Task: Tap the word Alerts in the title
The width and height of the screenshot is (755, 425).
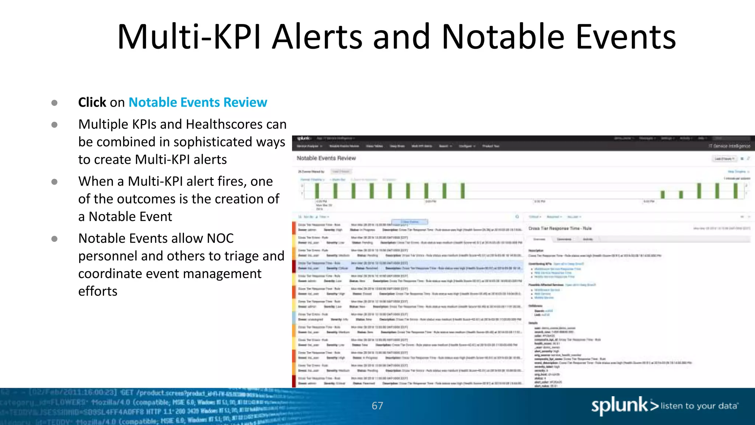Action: pos(317,37)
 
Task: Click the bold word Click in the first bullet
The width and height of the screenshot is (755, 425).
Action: pos(92,102)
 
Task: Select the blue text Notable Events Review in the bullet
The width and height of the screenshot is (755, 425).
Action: pos(198,102)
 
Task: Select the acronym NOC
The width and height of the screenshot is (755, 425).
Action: pos(220,239)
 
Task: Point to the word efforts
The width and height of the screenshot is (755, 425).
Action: pos(98,291)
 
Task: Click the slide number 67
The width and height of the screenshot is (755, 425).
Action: pos(377,406)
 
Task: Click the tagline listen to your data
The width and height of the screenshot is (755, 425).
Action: pos(699,406)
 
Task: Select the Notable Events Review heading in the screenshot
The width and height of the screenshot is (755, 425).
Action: pos(326,158)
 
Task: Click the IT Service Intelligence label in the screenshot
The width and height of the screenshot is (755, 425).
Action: pos(729,146)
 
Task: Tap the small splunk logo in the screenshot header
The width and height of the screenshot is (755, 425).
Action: pos(304,138)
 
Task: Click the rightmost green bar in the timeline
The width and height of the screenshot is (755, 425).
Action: pos(735,191)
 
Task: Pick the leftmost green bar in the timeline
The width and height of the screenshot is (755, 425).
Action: pos(317,191)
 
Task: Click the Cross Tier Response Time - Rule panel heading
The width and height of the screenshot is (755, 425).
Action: pos(560,228)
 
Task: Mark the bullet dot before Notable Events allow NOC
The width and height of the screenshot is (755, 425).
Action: pos(55,239)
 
